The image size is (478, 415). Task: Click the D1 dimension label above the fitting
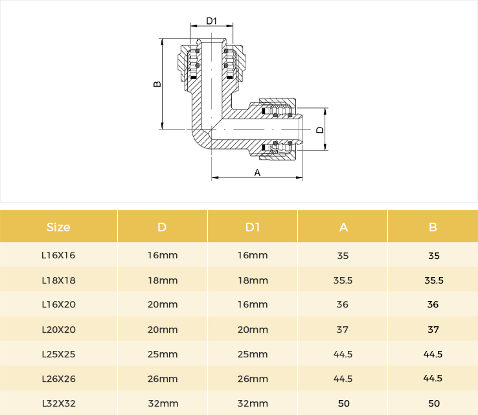[211, 21]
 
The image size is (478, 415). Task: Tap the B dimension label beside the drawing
[157, 84]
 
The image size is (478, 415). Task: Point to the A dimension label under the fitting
[257, 173]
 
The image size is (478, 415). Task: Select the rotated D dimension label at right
[320, 130]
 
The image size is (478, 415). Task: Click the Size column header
[58, 227]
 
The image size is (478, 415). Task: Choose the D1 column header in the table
[253, 227]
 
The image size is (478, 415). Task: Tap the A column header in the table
[343, 227]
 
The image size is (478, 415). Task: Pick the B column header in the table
[433, 227]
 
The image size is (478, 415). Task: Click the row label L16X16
[58, 255]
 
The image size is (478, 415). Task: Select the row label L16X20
[58, 304]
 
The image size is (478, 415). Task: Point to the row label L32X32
[58, 403]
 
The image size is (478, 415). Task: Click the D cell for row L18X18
[163, 280]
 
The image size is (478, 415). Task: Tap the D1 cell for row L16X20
[253, 304]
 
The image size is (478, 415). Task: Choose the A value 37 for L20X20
[343, 330]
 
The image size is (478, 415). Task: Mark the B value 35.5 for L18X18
[434, 280]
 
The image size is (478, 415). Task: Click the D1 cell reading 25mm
[253, 354]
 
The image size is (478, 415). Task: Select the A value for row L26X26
[343, 379]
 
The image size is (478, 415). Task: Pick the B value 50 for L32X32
[434, 403]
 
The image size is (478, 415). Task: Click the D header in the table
[162, 227]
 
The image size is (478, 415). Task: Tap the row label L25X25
[58, 354]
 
